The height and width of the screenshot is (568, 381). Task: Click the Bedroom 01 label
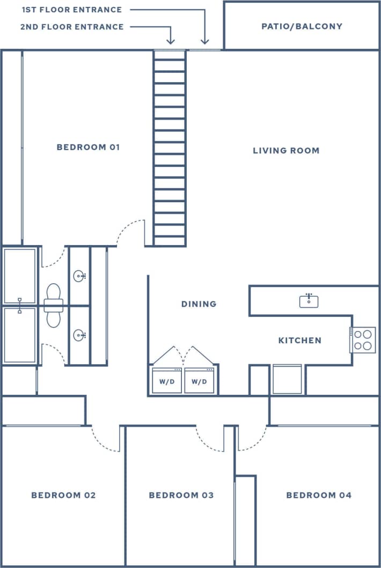[x=88, y=147]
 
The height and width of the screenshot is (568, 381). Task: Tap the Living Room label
[x=286, y=151]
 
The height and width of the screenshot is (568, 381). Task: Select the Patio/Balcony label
[x=302, y=26]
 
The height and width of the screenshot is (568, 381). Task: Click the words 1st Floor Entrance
[x=72, y=10]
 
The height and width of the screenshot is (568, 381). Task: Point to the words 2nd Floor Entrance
[x=72, y=27]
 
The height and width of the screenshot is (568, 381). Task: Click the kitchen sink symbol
[x=309, y=300]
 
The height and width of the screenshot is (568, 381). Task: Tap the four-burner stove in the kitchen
[x=363, y=340]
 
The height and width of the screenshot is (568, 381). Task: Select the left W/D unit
[x=167, y=381]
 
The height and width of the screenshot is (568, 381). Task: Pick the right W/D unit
[x=199, y=381]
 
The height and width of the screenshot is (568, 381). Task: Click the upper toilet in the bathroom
[x=54, y=294]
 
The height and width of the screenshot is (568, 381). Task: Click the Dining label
[x=199, y=304]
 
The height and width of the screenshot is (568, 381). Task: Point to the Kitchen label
[x=299, y=341]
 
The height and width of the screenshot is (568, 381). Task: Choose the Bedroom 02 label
[x=63, y=495]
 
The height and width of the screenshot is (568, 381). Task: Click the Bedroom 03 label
[x=181, y=495]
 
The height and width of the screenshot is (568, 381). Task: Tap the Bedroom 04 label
[x=319, y=495]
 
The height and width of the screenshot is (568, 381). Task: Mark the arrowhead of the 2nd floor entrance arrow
[x=171, y=42]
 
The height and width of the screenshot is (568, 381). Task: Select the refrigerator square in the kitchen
[x=287, y=379]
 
